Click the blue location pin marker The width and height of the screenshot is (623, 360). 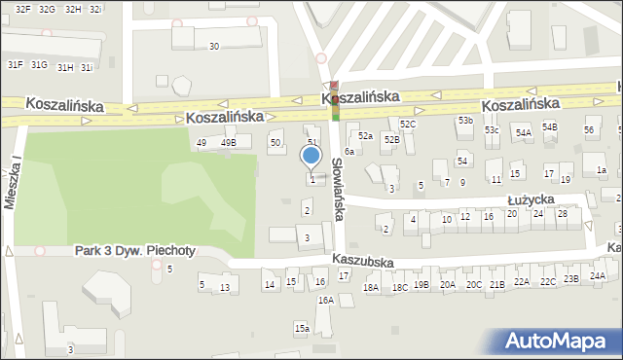[311, 156]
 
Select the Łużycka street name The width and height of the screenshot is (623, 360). [531, 198]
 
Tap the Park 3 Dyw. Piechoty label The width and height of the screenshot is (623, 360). [135, 251]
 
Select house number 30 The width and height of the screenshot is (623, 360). [214, 46]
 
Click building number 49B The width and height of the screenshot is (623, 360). [229, 143]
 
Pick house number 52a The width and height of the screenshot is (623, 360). [365, 136]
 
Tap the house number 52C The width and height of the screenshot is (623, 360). [408, 125]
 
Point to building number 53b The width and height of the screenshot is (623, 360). [465, 121]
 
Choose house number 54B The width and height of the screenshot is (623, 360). [550, 127]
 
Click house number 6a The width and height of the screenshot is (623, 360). [348, 152]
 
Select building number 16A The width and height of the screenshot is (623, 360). [325, 301]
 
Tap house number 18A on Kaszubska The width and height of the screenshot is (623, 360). [371, 287]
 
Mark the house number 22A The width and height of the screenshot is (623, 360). [522, 281]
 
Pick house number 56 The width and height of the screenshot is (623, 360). [588, 130]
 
